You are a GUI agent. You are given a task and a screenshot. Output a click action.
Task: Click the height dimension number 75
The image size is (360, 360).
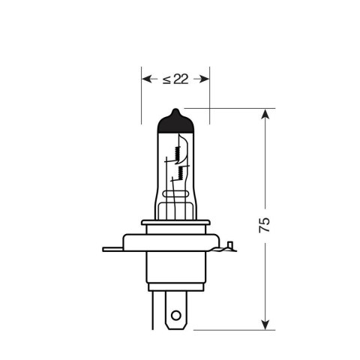click(275, 224)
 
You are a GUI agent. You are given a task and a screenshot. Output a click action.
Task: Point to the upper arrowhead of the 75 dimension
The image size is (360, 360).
click(265, 114)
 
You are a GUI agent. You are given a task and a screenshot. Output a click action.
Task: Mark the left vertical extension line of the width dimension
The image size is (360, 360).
click(141, 97)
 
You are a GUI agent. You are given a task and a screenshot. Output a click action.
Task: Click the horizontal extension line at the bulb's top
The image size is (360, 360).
click(232, 108)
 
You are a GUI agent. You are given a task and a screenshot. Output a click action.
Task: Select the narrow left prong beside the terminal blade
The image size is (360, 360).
click(155, 309)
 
